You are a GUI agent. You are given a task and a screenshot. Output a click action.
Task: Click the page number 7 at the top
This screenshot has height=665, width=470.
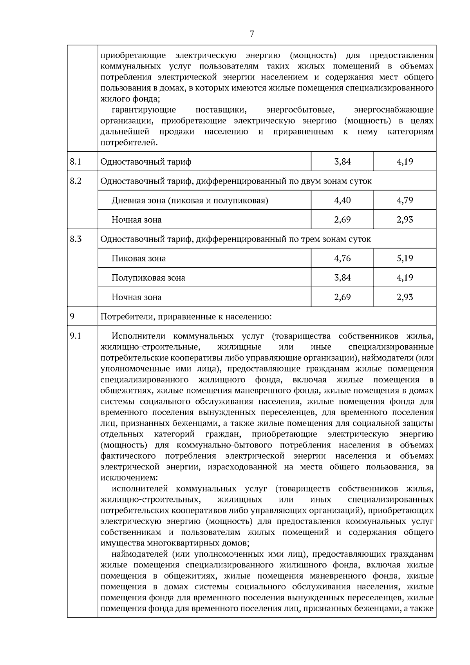click(x=251, y=34)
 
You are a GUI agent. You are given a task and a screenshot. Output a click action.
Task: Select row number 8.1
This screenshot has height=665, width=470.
click(x=75, y=161)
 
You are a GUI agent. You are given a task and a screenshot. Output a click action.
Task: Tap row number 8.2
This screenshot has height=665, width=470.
click(x=76, y=181)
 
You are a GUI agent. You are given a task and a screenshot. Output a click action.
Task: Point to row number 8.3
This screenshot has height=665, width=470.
click(x=76, y=239)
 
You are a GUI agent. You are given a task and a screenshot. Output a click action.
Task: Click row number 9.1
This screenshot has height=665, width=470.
click(x=75, y=336)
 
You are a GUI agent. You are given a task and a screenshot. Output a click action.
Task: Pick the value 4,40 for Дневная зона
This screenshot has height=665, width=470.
click(x=342, y=200)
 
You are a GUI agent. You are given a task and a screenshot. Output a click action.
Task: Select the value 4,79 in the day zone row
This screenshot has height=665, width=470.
click(x=405, y=200)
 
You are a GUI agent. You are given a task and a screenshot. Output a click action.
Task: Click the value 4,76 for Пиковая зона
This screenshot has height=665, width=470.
click(x=342, y=258)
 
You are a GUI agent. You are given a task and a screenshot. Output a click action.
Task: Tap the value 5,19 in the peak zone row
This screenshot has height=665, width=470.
click(x=405, y=258)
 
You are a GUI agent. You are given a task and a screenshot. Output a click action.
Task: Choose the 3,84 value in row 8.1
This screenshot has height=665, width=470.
click(x=342, y=161)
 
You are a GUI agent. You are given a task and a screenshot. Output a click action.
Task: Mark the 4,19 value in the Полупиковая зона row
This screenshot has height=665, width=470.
click(x=405, y=277)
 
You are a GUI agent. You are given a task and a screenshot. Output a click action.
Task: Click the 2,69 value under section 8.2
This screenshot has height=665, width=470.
click(x=342, y=219)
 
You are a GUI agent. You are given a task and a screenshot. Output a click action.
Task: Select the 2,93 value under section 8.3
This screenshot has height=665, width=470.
click(x=405, y=297)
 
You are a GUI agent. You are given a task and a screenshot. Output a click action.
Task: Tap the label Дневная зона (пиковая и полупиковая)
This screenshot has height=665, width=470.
click(x=190, y=201)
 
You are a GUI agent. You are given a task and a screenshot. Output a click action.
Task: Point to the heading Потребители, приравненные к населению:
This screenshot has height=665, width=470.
click(x=186, y=317)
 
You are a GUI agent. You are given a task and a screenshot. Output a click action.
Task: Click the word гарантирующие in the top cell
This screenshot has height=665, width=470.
click(x=144, y=110)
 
